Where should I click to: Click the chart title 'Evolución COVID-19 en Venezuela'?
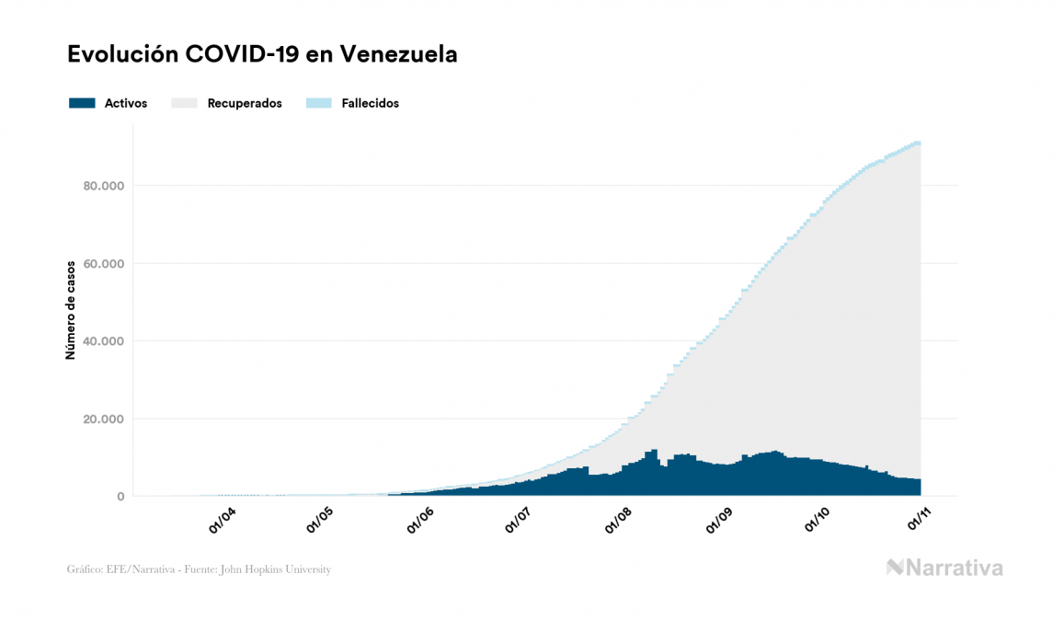pyautogui.click(x=262, y=54)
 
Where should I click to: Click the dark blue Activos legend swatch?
pyautogui.click(x=82, y=103)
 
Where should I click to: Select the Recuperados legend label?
pyautogui.click(x=245, y=103)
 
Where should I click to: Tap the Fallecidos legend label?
pyautogui.click(x=370, y=103)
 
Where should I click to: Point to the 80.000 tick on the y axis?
pyautogui.click(x=104, y=186)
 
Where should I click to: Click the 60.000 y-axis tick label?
pyautogui.click(x=104, y=264)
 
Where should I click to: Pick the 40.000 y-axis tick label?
pyautogui.click(x=104, y=341)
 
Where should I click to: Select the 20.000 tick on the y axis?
pyautogui.click(x=104, y=419)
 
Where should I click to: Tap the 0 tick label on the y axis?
pyautogui.click(x=120, y=497)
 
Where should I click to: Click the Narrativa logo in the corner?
pyautogui.click(x=944, y=568)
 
